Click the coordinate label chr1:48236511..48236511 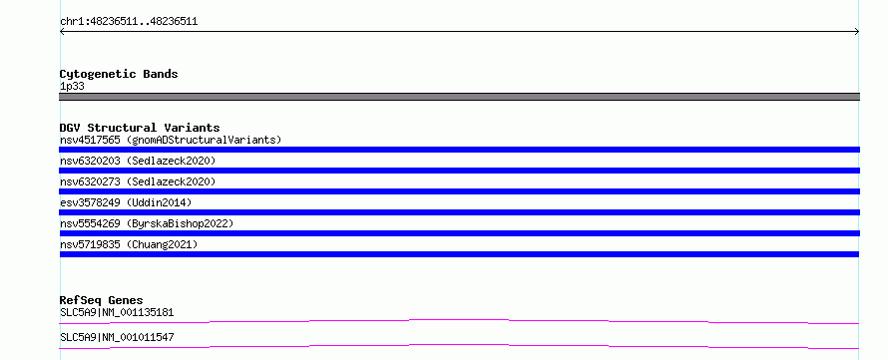pyautogui.click(x=129, y=22)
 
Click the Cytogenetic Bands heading pyautogui.click(x=119, y=74)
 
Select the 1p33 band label pyautogui.click(x=73, y=87)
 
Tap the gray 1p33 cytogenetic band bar pyautogui.click(x=459, y=97)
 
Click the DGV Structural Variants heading pyautogui.click(x=140, y=128)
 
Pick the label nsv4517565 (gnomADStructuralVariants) pyautogui.click(x=171, y=140)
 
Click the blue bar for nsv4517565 pyautogui.click(x=459, y=150)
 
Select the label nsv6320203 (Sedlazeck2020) pyautogui.click(x=138, y=161)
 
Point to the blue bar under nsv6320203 pyautogui.click(x=459, y=171)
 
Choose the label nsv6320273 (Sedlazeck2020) pyautogui.click(x=138, y=181)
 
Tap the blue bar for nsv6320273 pyautogui.click(x=459, y=191)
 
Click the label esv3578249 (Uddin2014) pyautogui.click(x=126, y=202)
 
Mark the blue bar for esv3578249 pyautogui.click(x=459, y=212)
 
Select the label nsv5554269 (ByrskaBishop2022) pyautogui.click(x=147, y=223)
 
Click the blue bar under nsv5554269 pyautogui.click(x=459, y=233)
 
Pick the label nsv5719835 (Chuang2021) pyautogui.click(x=129, y=244)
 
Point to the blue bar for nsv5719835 pyautogui.click(x=459, y=254)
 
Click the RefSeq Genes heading pyautogui.click(x=101, y=300)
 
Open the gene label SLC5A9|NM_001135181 pyautogui.click(x=117, y=312)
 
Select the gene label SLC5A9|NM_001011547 pyautogui.click(x=117, y=337)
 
